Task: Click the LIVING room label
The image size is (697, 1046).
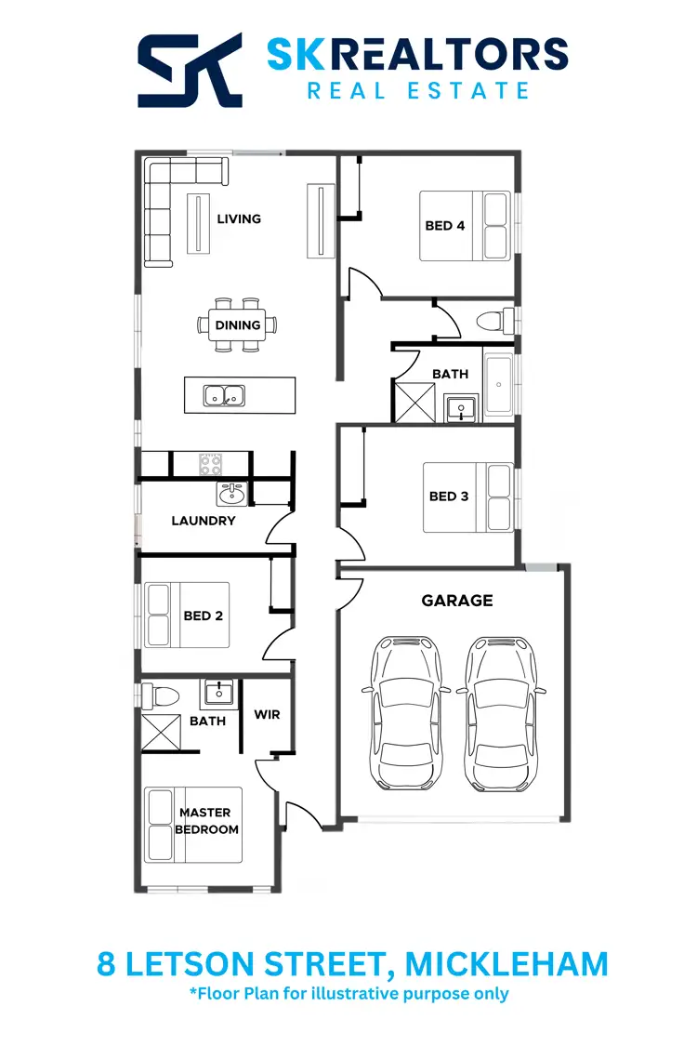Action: click(x=239, y=219)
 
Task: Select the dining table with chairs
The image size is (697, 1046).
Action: click(x=237, y=325)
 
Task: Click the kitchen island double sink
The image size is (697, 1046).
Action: click(x=224, y=395)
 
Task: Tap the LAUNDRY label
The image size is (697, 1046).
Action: click(x=204, y=521)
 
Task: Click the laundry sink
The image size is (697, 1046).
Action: click(x=231, y=493)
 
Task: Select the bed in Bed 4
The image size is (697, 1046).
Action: click(x=465, y=226)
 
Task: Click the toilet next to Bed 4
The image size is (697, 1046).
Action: click(x=493, y=322)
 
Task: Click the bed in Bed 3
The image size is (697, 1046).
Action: click(x=468, y=497)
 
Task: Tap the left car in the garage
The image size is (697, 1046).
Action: click(x=406, y=712)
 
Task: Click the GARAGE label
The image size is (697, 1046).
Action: click(x=457, y=601)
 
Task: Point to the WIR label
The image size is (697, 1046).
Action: click(x=267, y=715)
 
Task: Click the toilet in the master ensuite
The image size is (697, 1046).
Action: click(x=163, y=695)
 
